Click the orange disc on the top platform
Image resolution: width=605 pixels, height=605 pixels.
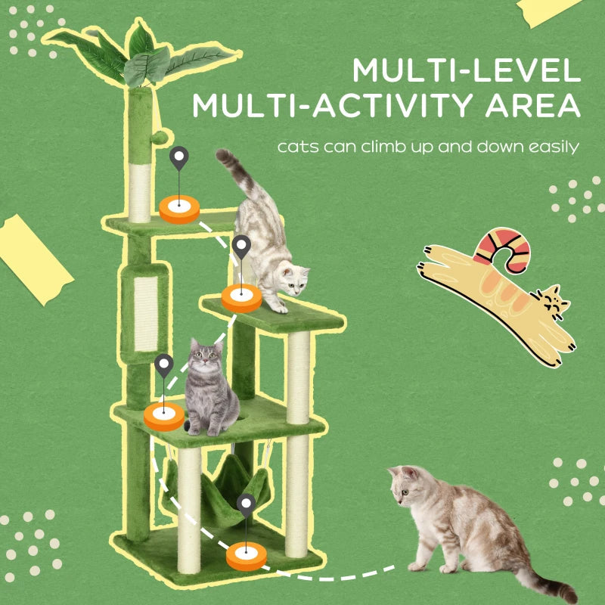point(179,208)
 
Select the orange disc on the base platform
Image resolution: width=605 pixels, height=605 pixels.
point(247,556)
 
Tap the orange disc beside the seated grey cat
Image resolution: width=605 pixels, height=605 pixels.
point(164,416)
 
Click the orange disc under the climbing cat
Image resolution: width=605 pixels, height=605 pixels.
point(241,299)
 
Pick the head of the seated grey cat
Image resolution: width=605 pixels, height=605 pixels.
point(203,356)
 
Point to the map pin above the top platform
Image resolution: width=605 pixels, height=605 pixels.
point(179,160)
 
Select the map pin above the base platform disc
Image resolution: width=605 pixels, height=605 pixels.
point(247,504)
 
